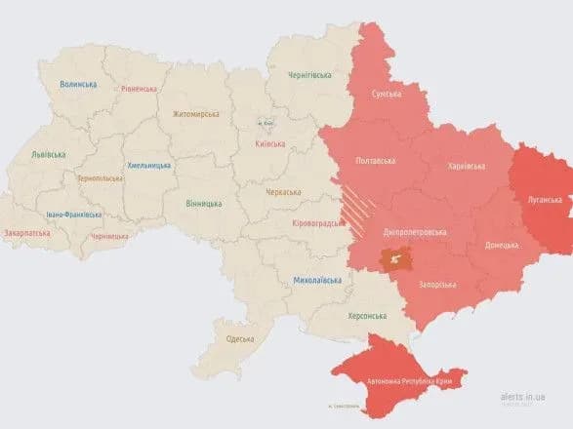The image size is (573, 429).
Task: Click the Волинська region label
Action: [78, 85]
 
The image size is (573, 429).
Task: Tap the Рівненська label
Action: [139, 89]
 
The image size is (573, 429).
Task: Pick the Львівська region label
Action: [48, 154]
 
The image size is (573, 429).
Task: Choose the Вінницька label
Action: [203, 204]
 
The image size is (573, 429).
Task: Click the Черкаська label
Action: [284, 193]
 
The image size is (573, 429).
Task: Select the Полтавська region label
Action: [376, 161]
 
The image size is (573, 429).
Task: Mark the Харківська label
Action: [466, 167]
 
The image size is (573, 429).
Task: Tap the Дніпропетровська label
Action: [415, 233]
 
